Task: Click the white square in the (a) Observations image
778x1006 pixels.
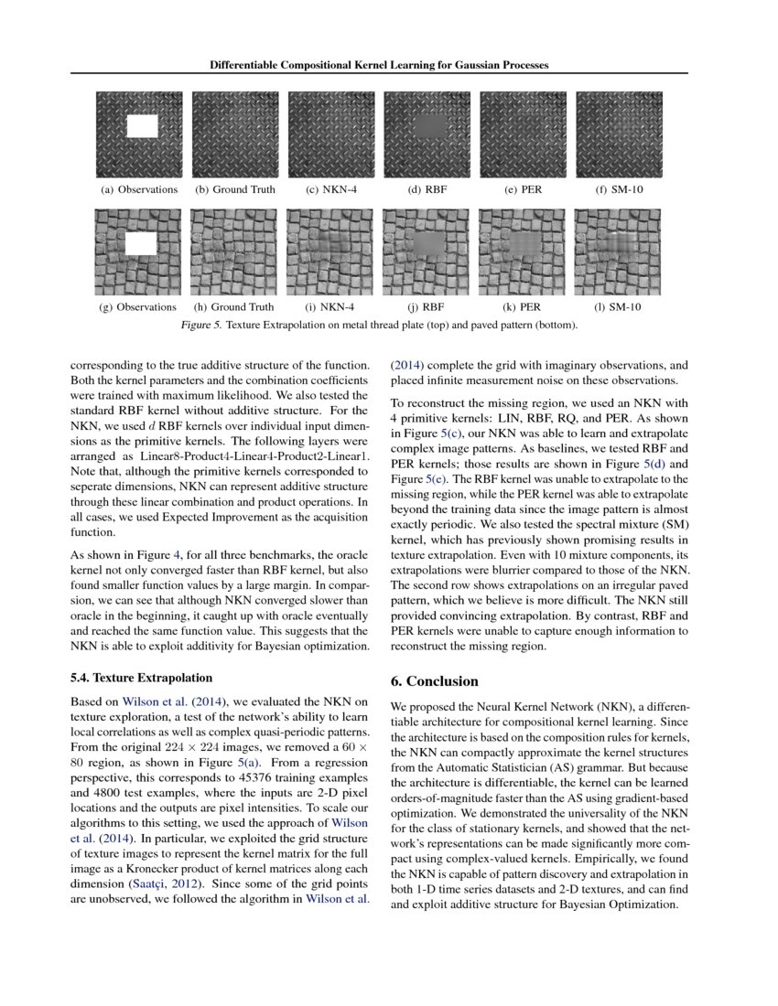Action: (143, 126)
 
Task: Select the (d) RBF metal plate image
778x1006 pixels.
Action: (427, 134)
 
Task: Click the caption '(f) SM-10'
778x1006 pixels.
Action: (618, 190)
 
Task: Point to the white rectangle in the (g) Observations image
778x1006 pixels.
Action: (142, 243)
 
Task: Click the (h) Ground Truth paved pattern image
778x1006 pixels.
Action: (235, 251)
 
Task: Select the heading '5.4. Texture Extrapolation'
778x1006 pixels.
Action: (141, 678)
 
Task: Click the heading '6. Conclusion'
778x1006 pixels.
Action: (435, 681)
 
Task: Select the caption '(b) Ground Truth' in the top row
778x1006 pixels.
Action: (234, 190)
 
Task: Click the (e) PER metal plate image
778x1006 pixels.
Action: (522, 134)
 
